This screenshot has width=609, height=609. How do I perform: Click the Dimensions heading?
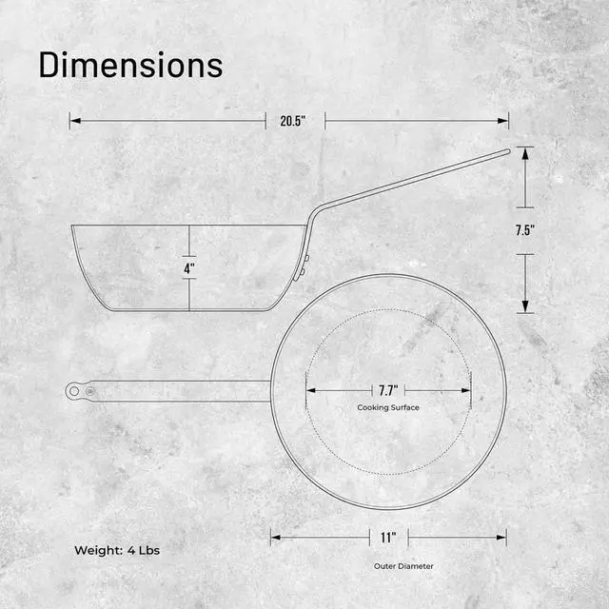pyautogui.click(x=130, y=65)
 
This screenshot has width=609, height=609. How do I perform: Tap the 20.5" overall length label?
pyautogui.click(x=294, y=121)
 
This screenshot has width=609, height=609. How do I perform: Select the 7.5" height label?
pyautogui.click(x=524, y=230)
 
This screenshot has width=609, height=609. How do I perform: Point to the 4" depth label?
pyautogui.click(x=189, y=269)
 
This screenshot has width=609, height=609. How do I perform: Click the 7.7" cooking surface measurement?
pyautogui.click(x=388, y=390)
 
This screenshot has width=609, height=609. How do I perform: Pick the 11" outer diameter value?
pyautogui.click(x=388, y=538)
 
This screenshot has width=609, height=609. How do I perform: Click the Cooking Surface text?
pyautogui.click(x=388, y=407)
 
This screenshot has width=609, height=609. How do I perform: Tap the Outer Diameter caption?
pyautogui.click(x=403, y=565)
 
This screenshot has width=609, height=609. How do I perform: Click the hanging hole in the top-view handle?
pyautogui.click(x=74, y=390)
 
